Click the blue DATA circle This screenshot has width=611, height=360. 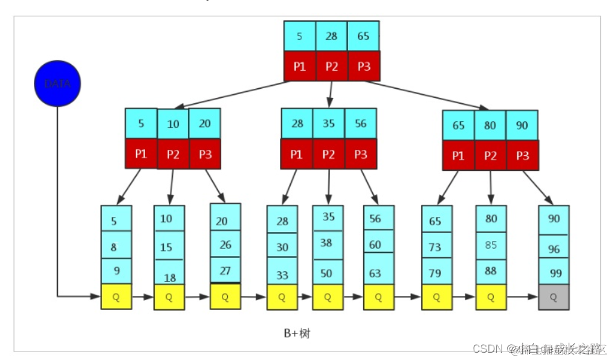pos(57,83)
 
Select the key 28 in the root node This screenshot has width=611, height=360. pos(331,36)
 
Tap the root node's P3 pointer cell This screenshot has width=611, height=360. pos(364,66)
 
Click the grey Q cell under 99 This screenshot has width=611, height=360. pos(554,297)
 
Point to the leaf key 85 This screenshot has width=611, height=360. pos(491,245)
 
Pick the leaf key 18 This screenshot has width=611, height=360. pos(169,277)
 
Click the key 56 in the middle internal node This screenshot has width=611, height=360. pos(360,123)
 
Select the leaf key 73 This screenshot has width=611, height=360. pos(436,247)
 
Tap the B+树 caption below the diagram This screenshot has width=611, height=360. pos(297,333)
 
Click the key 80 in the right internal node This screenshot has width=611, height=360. pos(490,126)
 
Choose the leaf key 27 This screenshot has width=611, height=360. pos(225,271)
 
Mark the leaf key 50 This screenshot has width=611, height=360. pos(327,273)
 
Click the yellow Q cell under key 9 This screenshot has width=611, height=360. pos(116,297)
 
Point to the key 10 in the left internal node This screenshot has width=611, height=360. pos(173,124)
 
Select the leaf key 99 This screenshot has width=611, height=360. pos(555,273)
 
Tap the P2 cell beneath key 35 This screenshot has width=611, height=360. pos(328,154)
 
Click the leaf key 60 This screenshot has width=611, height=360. pos(375,245)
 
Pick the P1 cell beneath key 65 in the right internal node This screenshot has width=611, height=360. pos(458,156)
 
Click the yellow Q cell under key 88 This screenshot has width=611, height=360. pos(491,297)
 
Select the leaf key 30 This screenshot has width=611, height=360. pos(282,247)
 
